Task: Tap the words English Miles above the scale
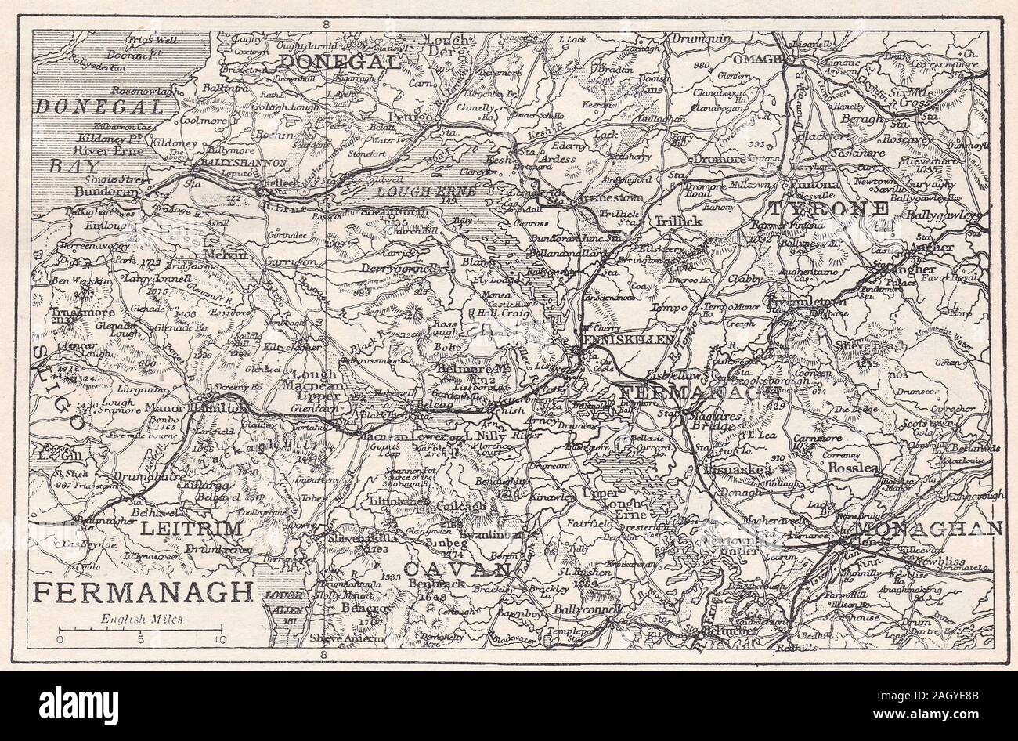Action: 142,618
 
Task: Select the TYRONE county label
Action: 828,208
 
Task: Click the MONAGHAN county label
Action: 932,529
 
